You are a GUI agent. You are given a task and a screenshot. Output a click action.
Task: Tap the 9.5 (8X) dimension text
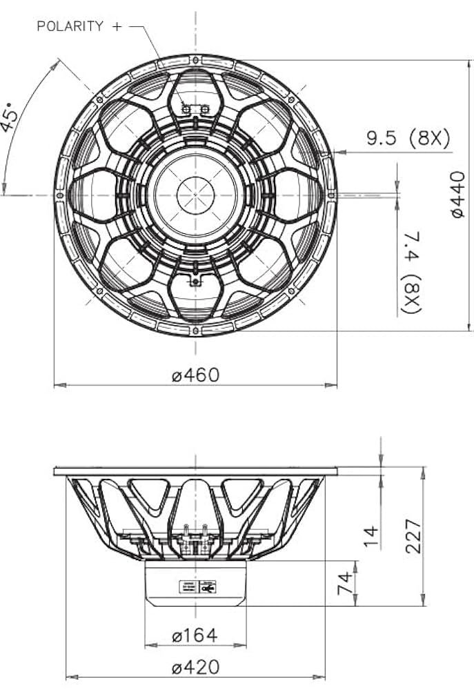[408, 139]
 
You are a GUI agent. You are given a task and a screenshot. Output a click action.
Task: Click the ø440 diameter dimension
[458, 195]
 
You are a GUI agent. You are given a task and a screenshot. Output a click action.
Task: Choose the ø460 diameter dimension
[195, 375]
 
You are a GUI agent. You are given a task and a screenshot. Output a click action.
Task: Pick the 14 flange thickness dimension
[371, 533]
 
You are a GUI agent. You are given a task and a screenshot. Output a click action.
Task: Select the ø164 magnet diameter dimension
[195, 635]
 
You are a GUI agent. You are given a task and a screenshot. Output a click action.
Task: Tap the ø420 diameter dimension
[196, 667]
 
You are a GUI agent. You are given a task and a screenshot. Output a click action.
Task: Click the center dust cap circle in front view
[195, 195]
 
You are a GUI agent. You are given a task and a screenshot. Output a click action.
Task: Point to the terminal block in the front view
[195, 108]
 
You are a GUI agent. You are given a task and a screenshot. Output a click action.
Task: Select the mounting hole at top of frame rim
[195, 61]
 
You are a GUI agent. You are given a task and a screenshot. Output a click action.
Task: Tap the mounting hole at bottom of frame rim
[195, 329]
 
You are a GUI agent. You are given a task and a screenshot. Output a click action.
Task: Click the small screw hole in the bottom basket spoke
[195, 281]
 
